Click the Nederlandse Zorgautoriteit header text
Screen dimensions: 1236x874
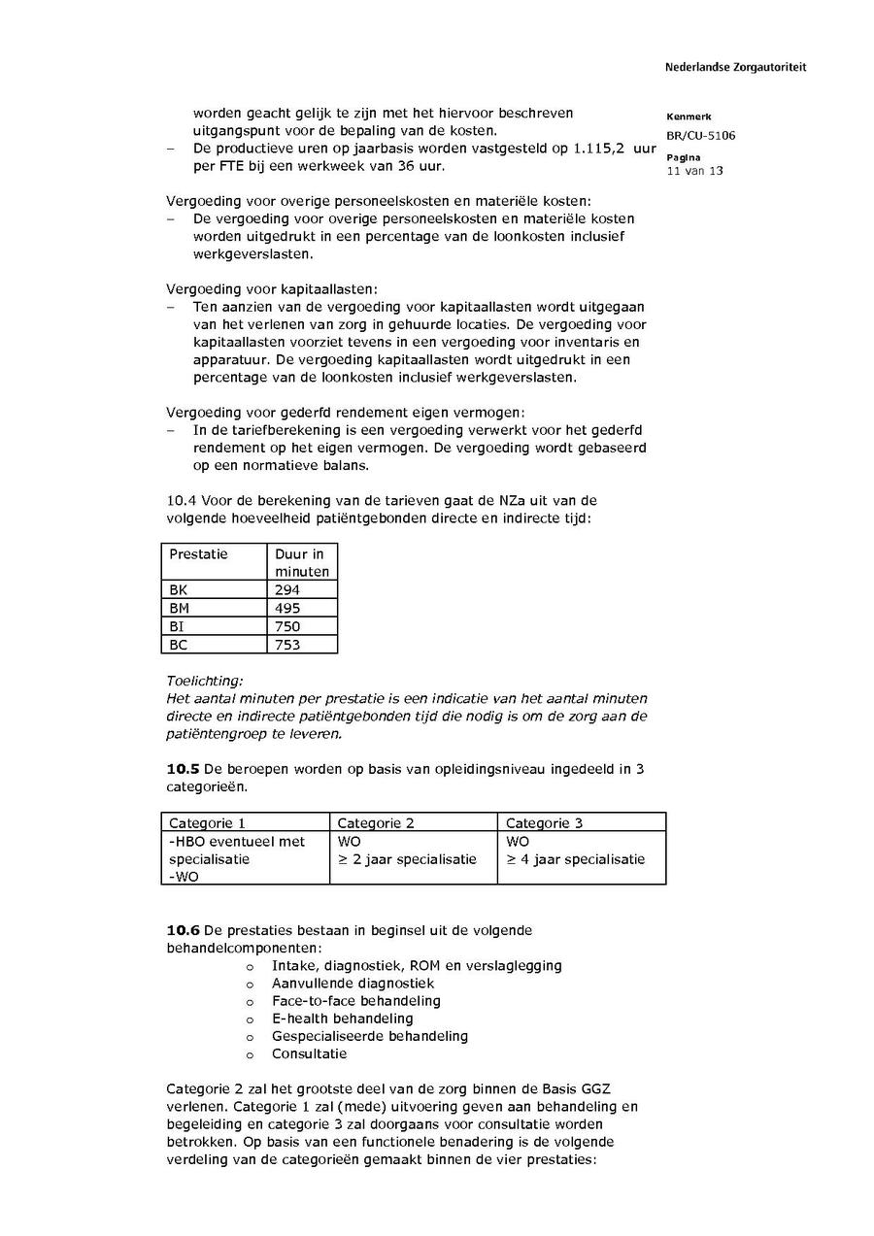735,68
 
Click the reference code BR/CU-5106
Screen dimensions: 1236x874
700,136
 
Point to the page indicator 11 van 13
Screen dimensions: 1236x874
694,171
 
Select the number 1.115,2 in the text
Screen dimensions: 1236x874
602,149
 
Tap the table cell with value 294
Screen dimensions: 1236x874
287,589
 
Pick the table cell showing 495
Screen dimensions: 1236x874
287,608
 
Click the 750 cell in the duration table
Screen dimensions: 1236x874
287,626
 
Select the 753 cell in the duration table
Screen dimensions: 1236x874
287,645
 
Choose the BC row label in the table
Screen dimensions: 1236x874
180,645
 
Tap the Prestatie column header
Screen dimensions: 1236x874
198,554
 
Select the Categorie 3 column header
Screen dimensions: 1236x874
545,823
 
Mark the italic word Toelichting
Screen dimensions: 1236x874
205,681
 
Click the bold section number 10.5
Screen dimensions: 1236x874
183,769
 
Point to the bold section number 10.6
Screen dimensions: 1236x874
183,930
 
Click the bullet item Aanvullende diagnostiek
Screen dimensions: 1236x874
353,984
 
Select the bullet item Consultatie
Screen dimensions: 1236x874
309,1053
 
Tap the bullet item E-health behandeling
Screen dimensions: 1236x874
342,1019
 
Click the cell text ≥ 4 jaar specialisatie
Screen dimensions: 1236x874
575,859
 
